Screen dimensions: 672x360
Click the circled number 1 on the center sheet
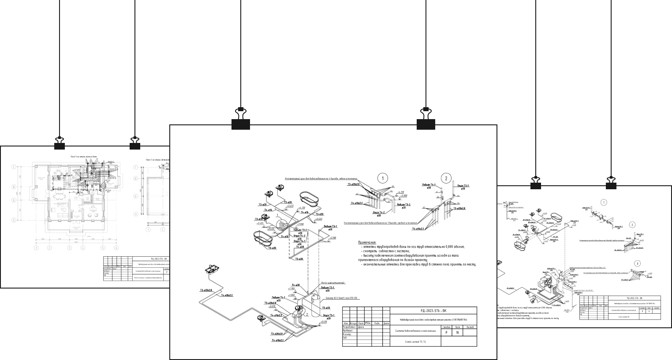pos(382,178)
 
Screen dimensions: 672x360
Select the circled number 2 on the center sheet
pos(446,178)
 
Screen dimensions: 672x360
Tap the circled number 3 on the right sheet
pos(637,263)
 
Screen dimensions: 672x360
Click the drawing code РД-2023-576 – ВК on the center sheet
pos(433,311)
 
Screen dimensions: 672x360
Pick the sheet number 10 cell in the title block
pos(458,333)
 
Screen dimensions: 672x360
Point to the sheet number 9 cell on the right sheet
pos(649,311)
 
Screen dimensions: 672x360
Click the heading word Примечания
pos(367,242)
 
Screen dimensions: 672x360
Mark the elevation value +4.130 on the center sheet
pos(302,207)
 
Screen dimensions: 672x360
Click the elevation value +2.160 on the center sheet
pos(332,238)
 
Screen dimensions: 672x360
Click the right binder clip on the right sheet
pos(611,183)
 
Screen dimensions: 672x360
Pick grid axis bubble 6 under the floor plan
pos(116,248)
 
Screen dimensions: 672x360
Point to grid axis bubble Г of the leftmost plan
pos(14,167)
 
